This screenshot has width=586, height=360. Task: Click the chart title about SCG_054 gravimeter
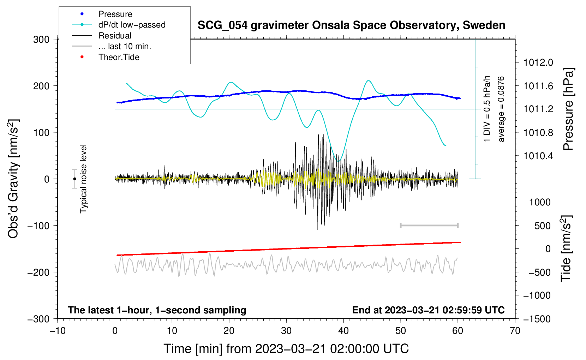351,25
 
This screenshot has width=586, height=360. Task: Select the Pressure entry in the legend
115,14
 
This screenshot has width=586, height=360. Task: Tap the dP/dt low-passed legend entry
132,25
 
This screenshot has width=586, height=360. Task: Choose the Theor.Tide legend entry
119,57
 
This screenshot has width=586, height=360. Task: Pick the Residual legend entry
115,36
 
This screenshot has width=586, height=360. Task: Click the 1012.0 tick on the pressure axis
538,62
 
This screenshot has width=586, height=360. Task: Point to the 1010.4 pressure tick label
538,156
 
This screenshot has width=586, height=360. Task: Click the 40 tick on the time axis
343,331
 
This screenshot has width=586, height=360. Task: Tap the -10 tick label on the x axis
58,331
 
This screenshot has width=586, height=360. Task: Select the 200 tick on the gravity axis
41,86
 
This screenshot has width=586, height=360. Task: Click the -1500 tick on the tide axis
537,319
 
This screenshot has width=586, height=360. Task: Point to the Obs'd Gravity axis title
13,179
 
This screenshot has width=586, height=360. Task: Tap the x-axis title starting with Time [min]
286,349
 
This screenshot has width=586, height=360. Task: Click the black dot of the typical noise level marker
74,179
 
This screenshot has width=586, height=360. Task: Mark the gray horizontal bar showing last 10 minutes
429,225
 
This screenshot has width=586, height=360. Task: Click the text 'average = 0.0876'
501,109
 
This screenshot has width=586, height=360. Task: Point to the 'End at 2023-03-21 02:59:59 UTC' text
428,310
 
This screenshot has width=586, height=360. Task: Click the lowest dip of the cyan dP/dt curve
339,161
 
